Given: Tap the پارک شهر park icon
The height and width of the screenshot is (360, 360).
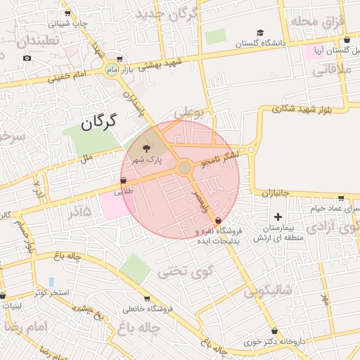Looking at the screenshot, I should click(146, 148).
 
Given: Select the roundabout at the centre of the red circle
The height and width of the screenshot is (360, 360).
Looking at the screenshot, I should click(185, 168).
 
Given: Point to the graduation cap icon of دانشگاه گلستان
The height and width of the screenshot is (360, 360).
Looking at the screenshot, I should click(260, 32).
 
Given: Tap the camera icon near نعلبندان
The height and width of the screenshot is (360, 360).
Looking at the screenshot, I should click(27, 58).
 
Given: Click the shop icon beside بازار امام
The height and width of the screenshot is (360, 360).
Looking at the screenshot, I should click(120, 60).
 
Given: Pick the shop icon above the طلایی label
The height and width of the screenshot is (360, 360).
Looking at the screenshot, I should click(124, 180).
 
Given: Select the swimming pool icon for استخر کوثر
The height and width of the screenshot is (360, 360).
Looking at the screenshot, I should click(51, 281).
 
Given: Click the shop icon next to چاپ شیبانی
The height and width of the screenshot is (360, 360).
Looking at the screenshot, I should click(67, 13).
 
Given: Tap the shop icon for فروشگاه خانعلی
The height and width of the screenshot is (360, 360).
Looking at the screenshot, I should click(146, 298).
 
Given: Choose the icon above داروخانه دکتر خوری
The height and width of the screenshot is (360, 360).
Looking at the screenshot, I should click(274, 331).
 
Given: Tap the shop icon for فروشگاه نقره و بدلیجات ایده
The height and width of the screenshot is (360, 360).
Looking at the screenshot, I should click(218, 221).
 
